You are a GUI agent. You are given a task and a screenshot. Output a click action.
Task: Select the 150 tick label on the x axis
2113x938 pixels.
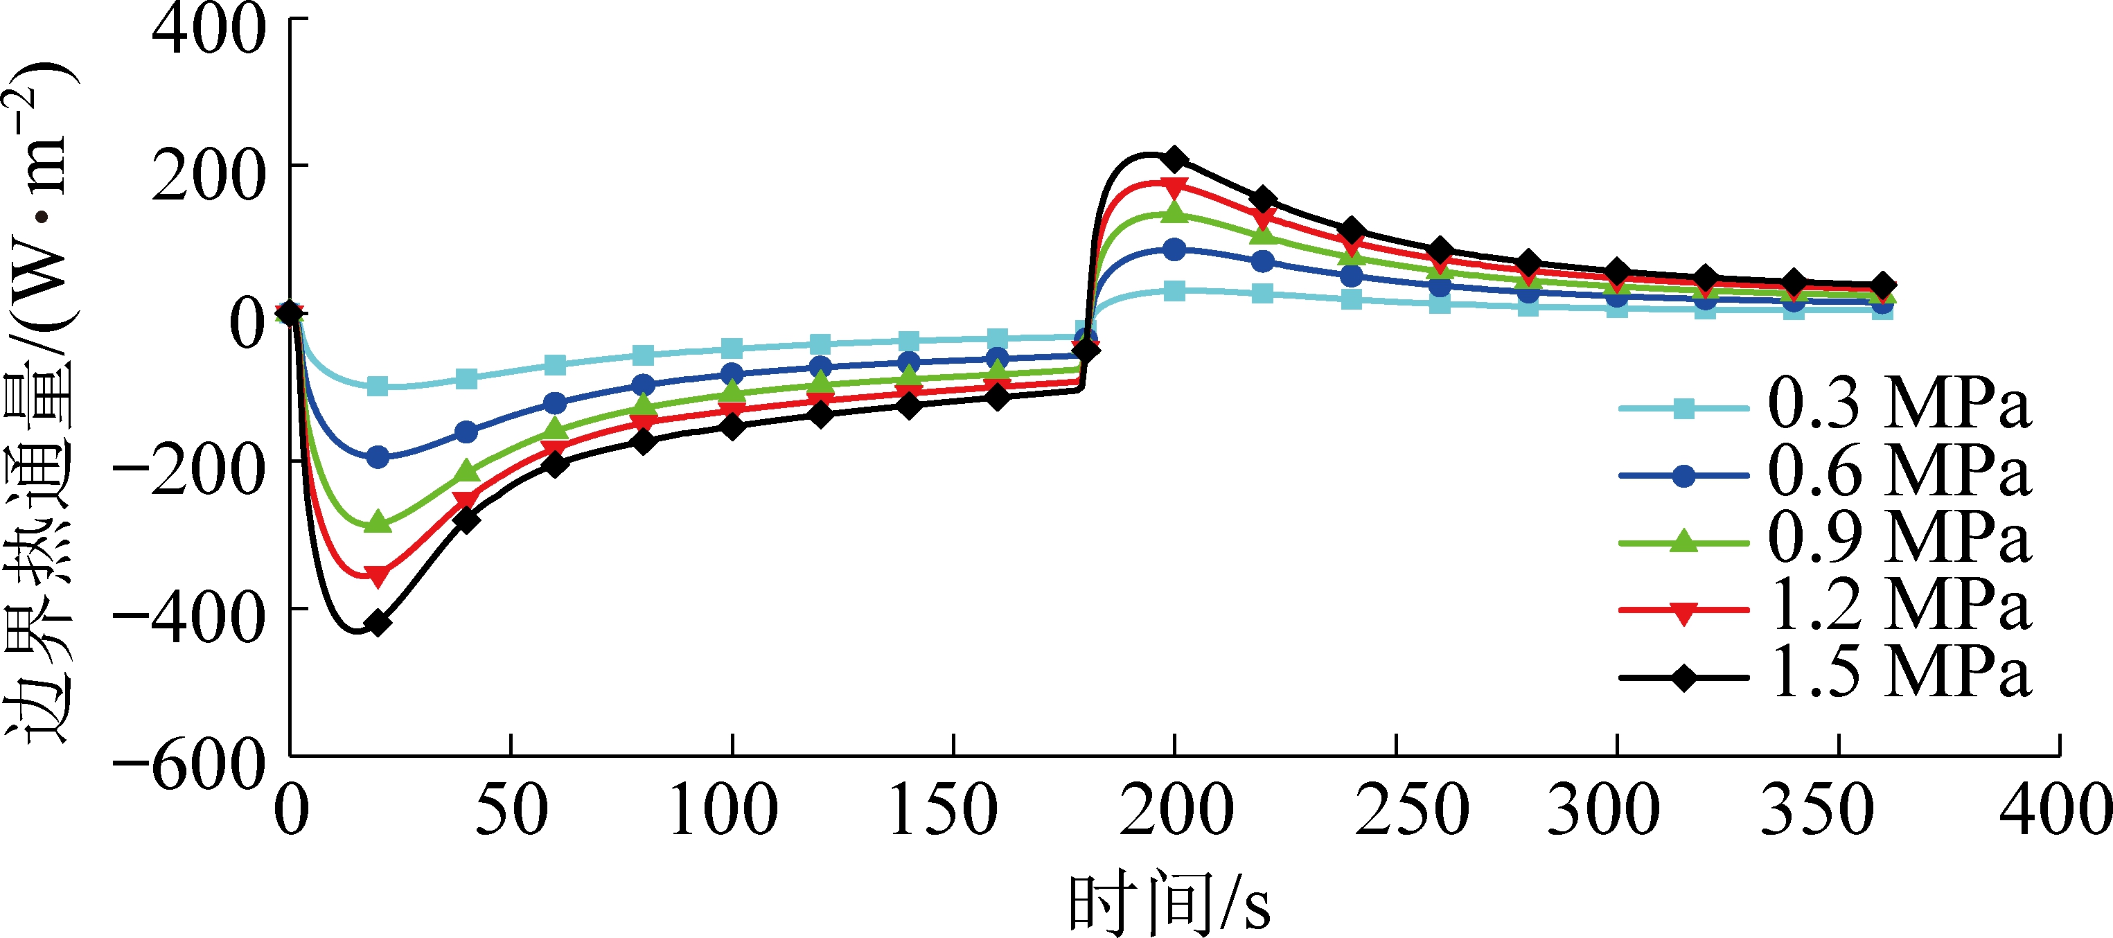tap(944, 810)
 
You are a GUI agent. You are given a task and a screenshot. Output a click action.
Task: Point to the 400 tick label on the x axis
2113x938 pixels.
tap(2055, 810)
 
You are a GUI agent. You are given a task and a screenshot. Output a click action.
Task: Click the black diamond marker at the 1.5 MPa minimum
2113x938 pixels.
tap(378, 624)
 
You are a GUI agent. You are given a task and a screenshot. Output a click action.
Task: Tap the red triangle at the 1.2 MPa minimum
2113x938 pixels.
tap(378, 576)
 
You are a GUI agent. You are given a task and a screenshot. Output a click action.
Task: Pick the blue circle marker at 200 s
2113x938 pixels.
tap(1174, 249)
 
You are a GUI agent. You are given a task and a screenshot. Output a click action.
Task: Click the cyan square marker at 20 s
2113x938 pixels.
tap(378, 386)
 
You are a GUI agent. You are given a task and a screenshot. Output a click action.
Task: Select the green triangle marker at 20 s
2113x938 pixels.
tap(378, 522)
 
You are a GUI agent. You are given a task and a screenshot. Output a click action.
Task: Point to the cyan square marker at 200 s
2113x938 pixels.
tap(1174, 290)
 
